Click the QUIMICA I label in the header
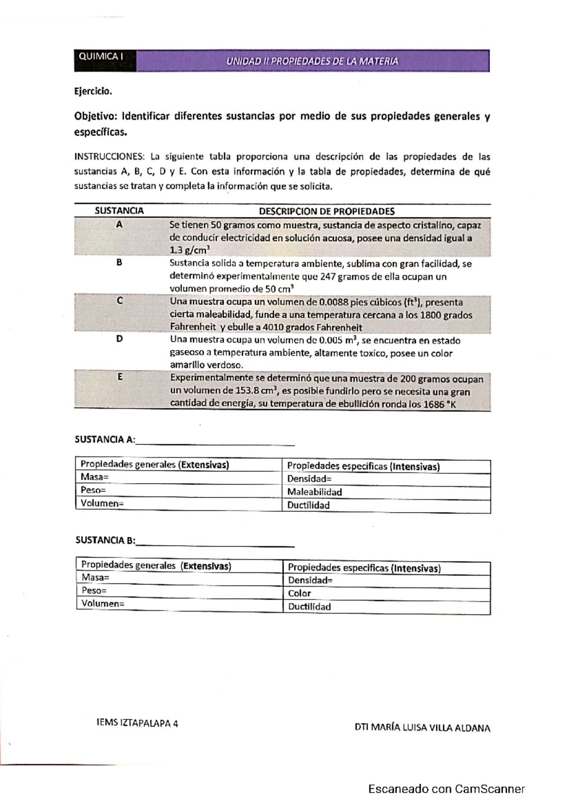tap(101, 56)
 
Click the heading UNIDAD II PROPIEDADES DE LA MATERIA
tap(312, 62)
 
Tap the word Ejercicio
tap(93, 92)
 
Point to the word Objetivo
tap(95, 117)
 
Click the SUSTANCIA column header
tap(119, 211)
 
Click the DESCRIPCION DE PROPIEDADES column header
tap(327, 211)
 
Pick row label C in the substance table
tap(119, 300)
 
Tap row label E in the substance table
tap(119, 377)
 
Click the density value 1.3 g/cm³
tap(190, 250)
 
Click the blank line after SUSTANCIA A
tap(215, 442)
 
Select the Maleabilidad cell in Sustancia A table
tap(314, 492)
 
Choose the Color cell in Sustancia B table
tap(299, 593)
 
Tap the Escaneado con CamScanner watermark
tap(446, 789)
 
